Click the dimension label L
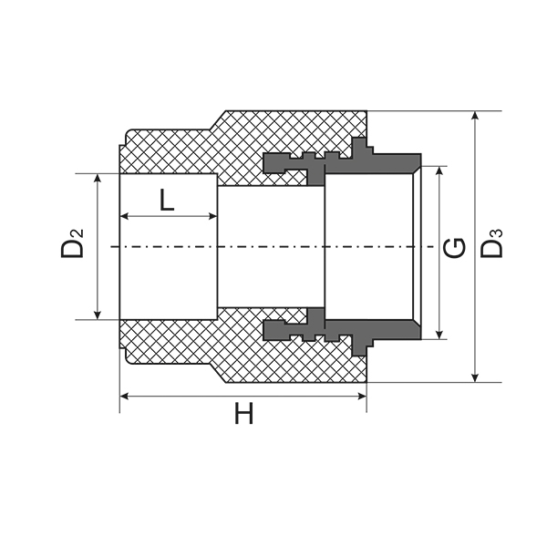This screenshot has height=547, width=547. (x=167, y=200)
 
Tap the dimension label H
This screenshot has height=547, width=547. (x=243, y=413)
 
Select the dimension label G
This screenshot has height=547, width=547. (x=454, y=247)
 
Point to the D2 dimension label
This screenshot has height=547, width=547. (x=72, y=243)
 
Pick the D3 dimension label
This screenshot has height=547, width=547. (x=491, y=243)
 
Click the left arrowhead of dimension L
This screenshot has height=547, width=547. (x=125, y=217)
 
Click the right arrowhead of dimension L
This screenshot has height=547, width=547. (x=212, y=217)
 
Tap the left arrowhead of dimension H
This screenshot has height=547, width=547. (x=125, y=397)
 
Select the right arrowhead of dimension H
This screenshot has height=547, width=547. (x=362, y=397)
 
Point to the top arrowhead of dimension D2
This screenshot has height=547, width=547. (x=98, y=179)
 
